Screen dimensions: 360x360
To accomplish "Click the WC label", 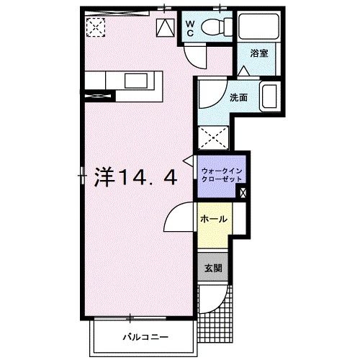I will click(189, 28).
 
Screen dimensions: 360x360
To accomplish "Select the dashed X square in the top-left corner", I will click(94, 27).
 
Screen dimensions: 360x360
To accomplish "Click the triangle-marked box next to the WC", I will click(165, 27).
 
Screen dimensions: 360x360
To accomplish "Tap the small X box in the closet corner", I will click(242, 192).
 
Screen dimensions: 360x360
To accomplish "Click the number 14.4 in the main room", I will click(144, 176).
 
